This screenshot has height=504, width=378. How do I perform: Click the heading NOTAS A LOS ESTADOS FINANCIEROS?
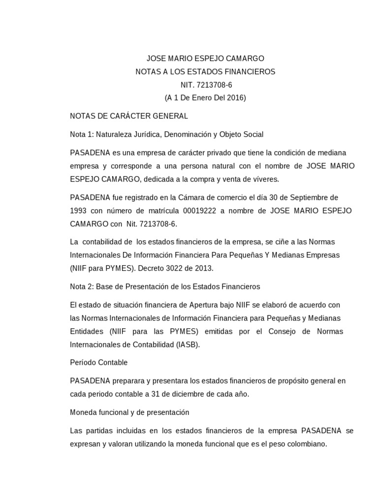coord(205,72)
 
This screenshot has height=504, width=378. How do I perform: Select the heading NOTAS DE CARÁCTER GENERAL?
coord(129,116)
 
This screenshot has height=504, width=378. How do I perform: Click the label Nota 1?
coord(82,134)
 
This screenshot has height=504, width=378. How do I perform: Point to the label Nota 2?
coord(82,286)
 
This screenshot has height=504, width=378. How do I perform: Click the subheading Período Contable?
coord(99,363)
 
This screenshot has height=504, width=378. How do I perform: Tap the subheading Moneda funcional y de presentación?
coord(129,412)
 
